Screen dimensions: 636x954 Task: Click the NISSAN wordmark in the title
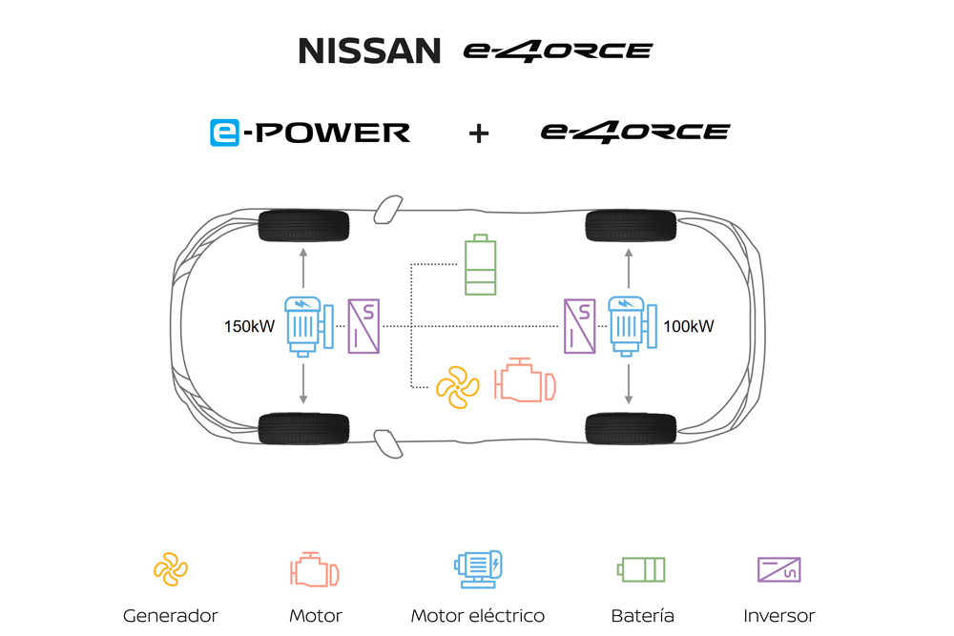370,51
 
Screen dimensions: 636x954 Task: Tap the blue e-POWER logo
310,132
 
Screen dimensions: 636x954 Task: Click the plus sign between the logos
478,133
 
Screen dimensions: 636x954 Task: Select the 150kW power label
250,327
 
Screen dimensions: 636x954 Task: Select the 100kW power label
689,327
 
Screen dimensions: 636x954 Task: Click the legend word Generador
171,616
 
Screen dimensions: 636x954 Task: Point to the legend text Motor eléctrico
478,616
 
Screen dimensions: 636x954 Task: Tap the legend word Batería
643,616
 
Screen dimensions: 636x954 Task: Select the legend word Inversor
779,616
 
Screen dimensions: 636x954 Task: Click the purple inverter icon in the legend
779,569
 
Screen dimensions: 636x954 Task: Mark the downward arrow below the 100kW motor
629,386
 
